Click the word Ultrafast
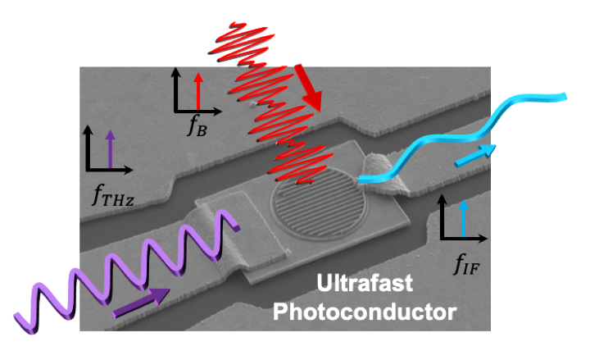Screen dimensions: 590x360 [365, 283]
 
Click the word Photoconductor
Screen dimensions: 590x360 [365, 312]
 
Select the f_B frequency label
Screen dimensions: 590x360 [197, 126]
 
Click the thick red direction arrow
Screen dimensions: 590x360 [308, 88]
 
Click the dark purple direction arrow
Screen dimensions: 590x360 [141, 303]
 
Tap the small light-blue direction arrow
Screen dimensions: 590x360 [475, 156]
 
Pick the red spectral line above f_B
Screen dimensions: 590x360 [198, 91]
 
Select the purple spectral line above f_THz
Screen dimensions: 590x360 [110, 149]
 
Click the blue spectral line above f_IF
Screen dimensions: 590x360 [464, 218]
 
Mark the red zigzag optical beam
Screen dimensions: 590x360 [270, 103]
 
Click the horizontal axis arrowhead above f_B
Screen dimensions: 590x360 [217, 111]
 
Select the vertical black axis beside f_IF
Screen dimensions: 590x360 [442, 217]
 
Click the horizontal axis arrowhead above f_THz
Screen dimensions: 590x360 [128, 170]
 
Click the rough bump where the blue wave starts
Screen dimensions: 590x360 [380, 172]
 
